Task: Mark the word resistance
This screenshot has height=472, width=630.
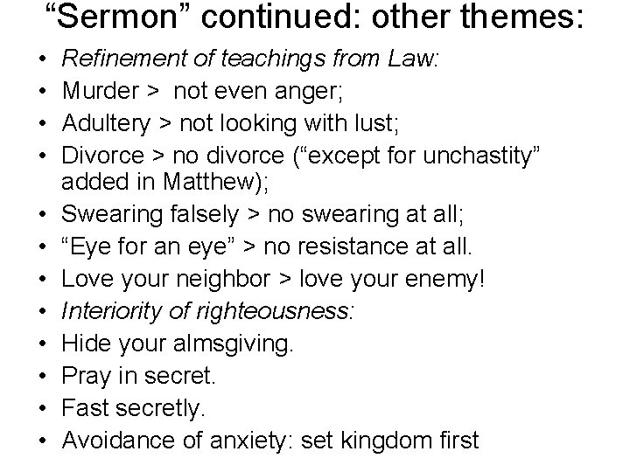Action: click(x=374, y=246)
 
